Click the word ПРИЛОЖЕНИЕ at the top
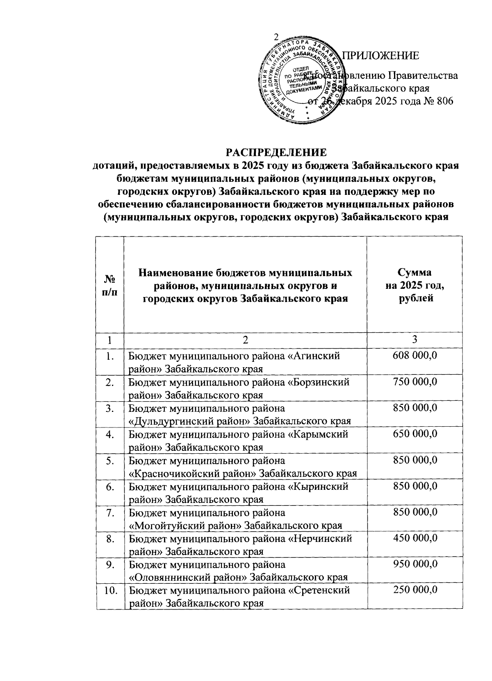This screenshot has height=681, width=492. (x=380, y=55)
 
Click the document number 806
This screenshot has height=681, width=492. (x=444, y=101)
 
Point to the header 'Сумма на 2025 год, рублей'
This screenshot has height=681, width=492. (x=415, y=285)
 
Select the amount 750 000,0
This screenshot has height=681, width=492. (x=415, y=382)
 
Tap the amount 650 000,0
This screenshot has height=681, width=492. (x=415, y=434)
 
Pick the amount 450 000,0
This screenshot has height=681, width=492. (x=415, y=538)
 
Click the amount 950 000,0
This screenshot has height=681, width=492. (x=415, y=564)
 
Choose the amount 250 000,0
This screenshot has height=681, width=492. (x=415, y=590)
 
